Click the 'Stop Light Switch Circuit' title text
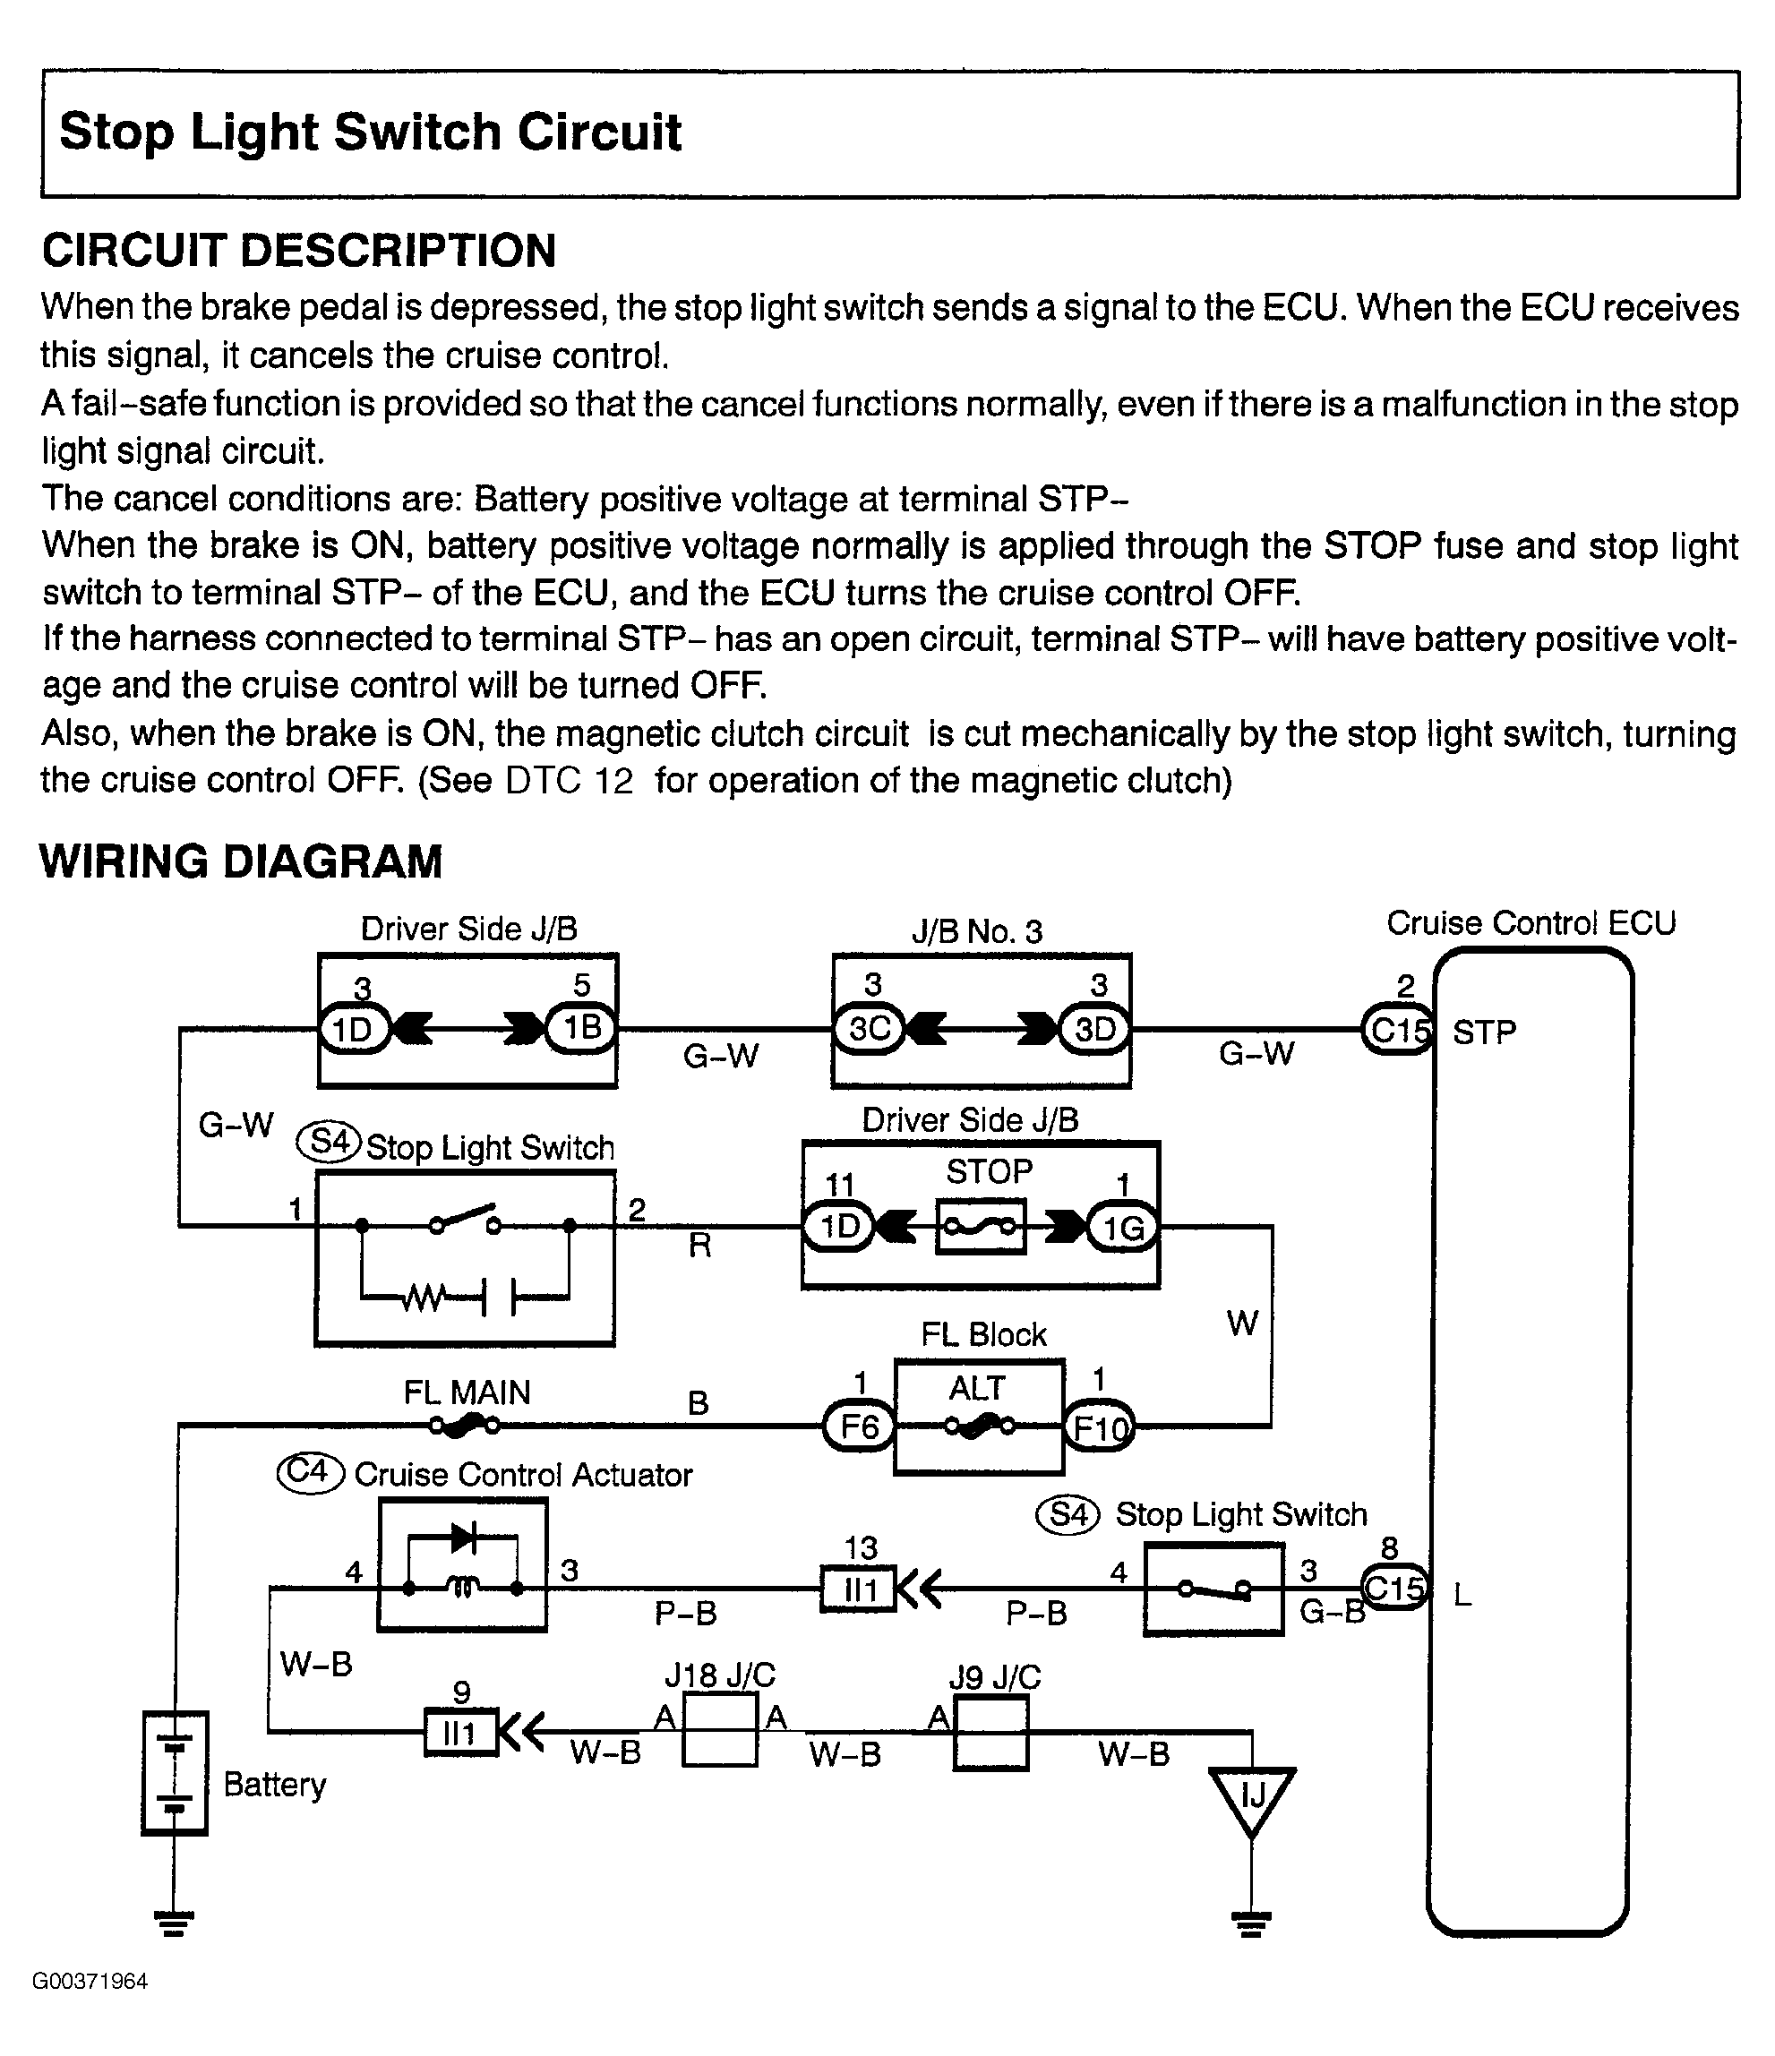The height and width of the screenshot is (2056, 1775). click(x=370, y=132)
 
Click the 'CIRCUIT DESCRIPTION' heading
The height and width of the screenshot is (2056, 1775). click(x=298, y=250)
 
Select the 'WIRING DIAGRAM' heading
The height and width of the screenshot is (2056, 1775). click(x=241, y=861)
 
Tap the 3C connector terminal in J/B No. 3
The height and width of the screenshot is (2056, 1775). click(x=870, y=1029)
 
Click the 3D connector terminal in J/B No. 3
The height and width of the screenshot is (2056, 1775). click(x=1095, y=1029)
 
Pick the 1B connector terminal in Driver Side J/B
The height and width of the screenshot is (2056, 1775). click(x=581, y=1028)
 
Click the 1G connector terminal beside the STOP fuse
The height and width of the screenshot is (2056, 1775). click(x=1123, y=1229)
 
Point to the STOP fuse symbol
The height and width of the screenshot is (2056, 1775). click(x=981, y=1228)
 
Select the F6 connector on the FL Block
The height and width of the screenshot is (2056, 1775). click(x=859, y=1426)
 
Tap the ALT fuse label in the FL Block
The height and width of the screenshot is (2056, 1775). click(x=977, y=1388)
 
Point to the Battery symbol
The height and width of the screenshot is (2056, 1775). click(x=175, y=1773)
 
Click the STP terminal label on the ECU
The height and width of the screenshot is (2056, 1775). click(x=1484, y=1033)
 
